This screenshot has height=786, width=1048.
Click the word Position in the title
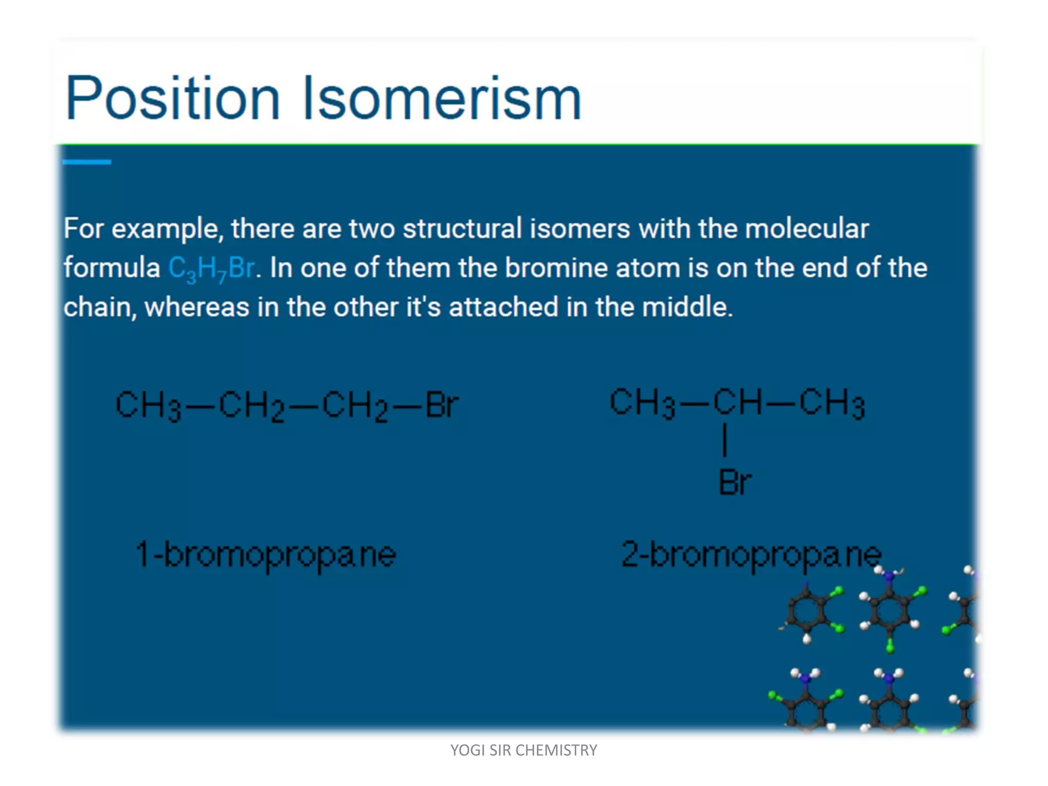(173, 98)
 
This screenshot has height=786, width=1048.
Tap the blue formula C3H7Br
(211, 268)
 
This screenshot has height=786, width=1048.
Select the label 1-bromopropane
(266, 555)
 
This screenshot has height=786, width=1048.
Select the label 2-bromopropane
(751, 555)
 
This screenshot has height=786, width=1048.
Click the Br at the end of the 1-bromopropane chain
(442, 405)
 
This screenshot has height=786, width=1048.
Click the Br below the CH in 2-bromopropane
(735, 482)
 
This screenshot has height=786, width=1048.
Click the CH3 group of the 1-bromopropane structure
(148, 405)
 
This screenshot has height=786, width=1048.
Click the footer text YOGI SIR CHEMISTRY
(523, 750)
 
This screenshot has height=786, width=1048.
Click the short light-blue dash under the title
(86, 162)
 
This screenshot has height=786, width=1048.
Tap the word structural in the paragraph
(462, 229)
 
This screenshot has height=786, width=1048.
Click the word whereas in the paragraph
(196, 308)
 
